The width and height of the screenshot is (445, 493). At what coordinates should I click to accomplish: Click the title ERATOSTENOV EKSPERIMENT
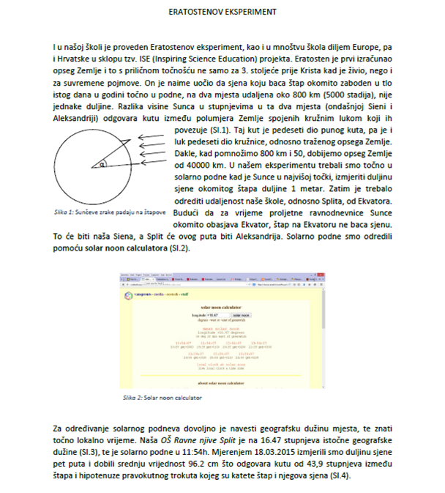tap(222, 13)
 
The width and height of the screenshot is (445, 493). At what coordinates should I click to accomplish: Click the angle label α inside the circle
tap(102, 166)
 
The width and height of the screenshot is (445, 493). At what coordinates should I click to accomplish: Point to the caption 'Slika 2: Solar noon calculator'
tap(160, 399)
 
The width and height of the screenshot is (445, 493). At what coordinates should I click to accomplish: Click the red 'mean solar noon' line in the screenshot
tap(222, 329)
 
